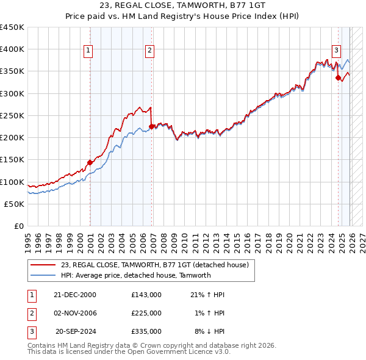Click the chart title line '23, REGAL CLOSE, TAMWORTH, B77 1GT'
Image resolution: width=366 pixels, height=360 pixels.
(182, 7)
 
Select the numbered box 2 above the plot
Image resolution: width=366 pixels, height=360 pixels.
(149, 51)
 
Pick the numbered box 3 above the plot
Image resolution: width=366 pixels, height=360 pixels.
(336, 51)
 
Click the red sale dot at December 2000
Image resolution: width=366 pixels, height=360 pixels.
(90, 162)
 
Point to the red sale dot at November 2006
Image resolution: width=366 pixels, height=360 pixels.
(152, 126)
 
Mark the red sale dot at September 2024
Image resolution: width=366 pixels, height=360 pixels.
(338, 77)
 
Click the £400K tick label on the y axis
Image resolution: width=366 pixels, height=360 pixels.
(12, 49)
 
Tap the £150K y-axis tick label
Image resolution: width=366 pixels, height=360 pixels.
(12, 160)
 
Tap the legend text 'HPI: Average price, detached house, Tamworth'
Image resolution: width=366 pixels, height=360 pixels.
(135, 275)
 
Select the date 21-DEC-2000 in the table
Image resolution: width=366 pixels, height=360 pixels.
(75, 295)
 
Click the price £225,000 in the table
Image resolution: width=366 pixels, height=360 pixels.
(146, 313)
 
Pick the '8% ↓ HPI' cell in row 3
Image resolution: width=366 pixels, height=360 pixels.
(209, 331)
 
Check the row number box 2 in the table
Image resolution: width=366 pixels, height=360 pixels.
(30, 313)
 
